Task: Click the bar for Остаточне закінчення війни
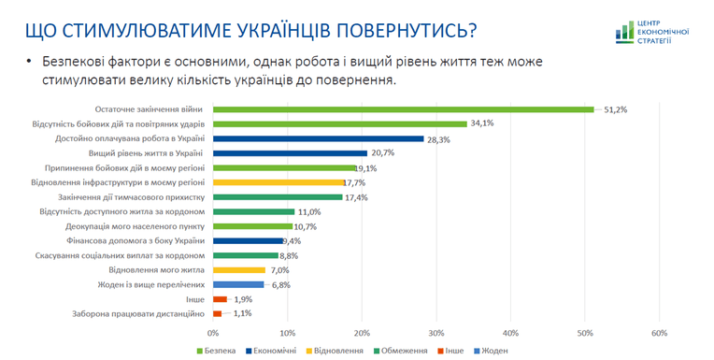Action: click(x=404, y=109)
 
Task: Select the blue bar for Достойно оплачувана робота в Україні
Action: click(x=319, y=138)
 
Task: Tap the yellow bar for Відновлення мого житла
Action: click(x=239, y=270)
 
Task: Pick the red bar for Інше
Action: click(x=220, y=299)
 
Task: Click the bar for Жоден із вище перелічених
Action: click(x=238, y=285)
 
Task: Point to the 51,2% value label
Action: click(x=616, y=109)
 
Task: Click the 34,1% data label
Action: click(x=482, y=123)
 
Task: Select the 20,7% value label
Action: click(x=382, y=153)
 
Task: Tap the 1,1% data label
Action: click(x=243, y=313)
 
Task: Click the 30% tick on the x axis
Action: click(x=436, y=334)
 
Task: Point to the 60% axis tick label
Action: click(x=660, y=334)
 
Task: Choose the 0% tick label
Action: click(x=213, y=334)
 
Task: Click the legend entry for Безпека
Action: click(x=216, y=351)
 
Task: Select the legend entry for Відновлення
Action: click(x=335, y=351)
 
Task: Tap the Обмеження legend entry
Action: click(x=400, y=351)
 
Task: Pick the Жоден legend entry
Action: click(x=491, y=351)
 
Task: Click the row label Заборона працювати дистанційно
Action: click(x=138, y=314)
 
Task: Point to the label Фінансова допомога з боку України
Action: click(x=136, y=241)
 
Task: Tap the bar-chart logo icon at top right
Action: click(x=624, y=33)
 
